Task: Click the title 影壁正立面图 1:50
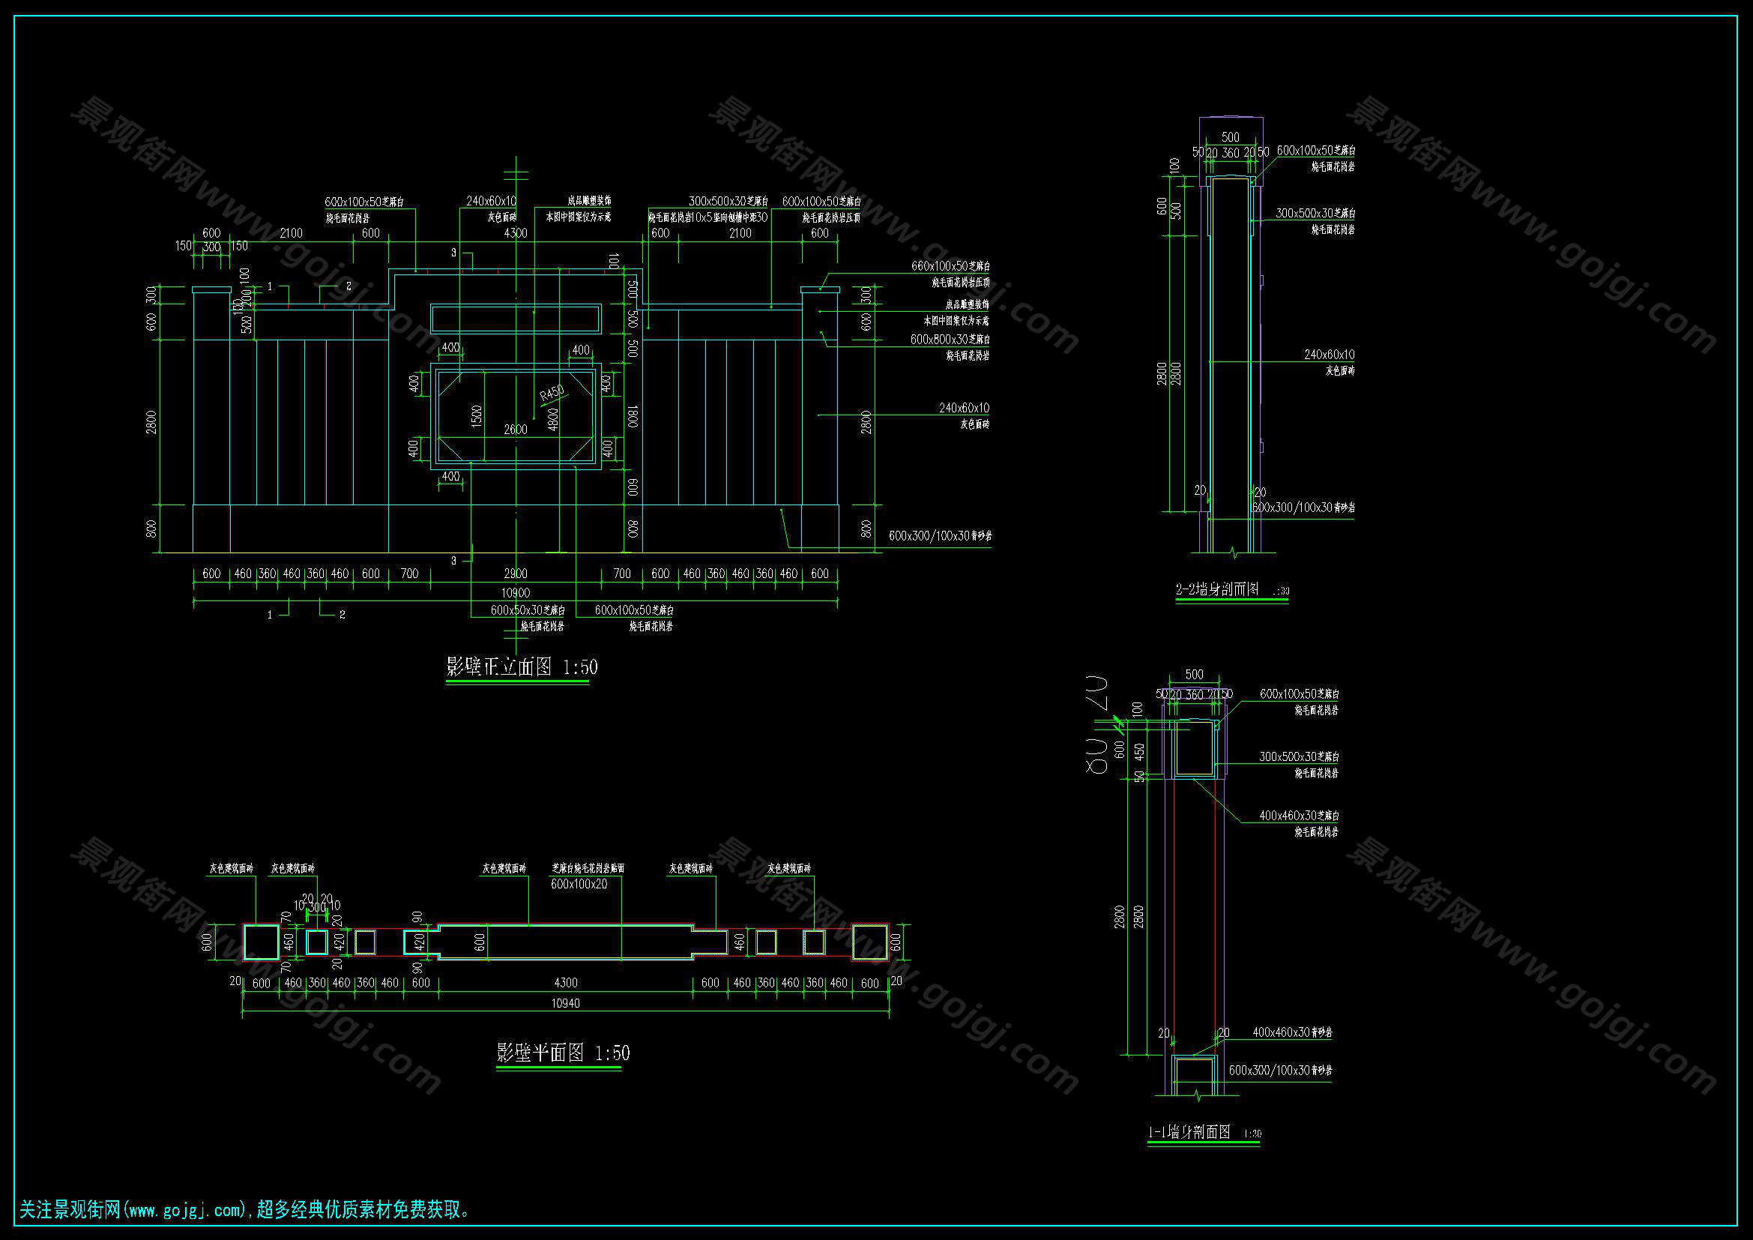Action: pyautogui.click(x=522, y=667)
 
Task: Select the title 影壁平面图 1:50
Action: pyautogui.click(x=563, y=1053)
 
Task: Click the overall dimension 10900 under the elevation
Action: pyautogui.click(x=516, y=592)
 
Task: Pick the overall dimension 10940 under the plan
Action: pyautogui.click(x=565, y=1003)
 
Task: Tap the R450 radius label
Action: pyautogui.click(x=552, y=394)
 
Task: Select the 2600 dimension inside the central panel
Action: pyautogui.click(x=516, y=430)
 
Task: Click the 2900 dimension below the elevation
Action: pyautogui.click(x=516, y=574)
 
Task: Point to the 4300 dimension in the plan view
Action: pyautogui.click(x=565, y=983)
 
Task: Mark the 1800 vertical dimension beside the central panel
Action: pyautogui.click(x=633, y=415)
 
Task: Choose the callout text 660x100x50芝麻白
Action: pyautogui.click(x=950, y=266)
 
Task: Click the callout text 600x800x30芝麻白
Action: pyautogui.click(x=950, y=339)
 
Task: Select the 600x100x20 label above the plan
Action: pyautogui.click(x=579, y=884)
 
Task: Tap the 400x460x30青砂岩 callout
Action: pyautogui.click(x=1292, y=1032)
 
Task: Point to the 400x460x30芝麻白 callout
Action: pyautogui.click(x=1298, y=816)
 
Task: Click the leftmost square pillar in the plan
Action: pyautogui.click(x=261, y=942)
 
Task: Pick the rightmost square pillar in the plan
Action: pyautogui.click(x=870, y=942)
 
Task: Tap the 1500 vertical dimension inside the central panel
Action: pyautogui.click(x=477, y=416)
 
